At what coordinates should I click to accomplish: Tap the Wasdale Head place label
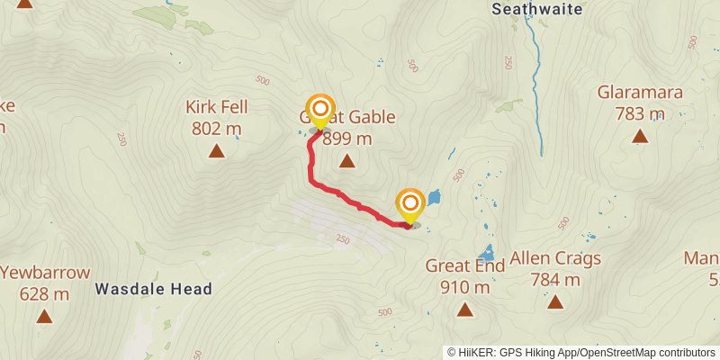[x=153, y=289]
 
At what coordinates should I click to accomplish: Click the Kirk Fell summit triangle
[x=216, y=150]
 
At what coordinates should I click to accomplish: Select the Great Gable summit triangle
[x=346, y=161]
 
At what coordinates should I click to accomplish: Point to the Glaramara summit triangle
[x=640, y=137]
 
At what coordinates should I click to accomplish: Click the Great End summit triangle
[x=464, y=310]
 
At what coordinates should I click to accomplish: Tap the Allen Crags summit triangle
[x=554, y=303]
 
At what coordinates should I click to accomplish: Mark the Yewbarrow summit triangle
[x=44, y=316]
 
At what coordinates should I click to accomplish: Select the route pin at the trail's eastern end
[x=410, y=205]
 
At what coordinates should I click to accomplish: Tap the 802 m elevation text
[x=216, y=128]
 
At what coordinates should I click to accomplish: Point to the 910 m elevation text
[x=464, y=287]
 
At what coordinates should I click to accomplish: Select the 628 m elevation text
[x=44, y=293]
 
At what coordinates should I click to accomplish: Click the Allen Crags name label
[x=554, y=259]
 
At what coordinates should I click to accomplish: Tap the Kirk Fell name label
[x=216, y=107]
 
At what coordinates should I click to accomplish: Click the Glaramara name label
[x=640, y=92]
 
